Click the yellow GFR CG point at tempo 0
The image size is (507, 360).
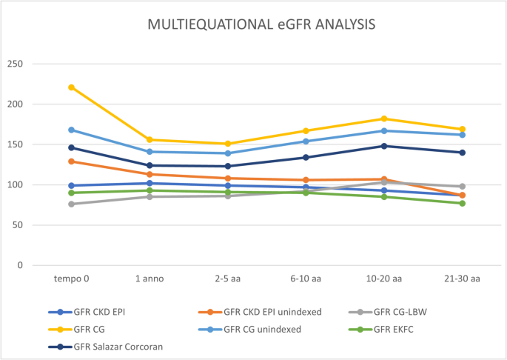click(72, 87)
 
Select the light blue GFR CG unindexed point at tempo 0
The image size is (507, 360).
click(72, 130)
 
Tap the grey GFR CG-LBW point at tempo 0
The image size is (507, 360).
click(72, 204)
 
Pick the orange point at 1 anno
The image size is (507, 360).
click(150, 174)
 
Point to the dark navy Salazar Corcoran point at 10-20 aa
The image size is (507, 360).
click(383, 146)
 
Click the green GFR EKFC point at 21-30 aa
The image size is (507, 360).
click(462, 203)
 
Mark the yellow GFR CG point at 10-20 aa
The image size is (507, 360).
click(383, 119)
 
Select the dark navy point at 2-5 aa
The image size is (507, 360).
click(228, 166)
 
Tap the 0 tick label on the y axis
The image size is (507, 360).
click(20, 265)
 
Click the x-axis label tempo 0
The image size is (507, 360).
click(72, 279)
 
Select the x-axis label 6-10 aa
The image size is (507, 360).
click(306, 279)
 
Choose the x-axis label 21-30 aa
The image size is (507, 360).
click(462, 279)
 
